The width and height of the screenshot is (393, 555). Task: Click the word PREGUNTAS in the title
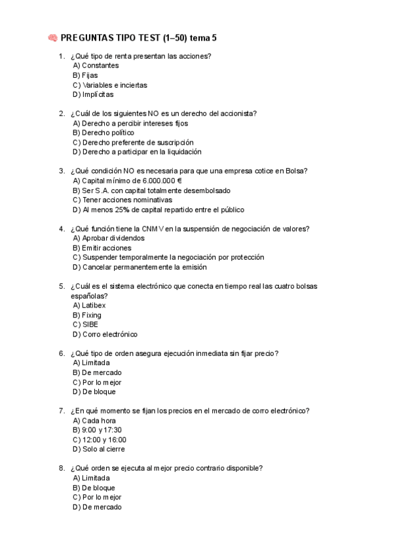pos(86,39)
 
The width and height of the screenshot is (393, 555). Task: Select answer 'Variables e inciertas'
pos(110,85)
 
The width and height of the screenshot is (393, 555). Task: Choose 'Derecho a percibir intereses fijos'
pos(130,123)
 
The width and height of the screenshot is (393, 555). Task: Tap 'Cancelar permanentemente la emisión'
pos(140,267)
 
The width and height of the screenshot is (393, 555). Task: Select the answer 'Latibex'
pos(89,305)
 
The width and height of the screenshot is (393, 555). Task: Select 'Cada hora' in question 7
pos(94,420)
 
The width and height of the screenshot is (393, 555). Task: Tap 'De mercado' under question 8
pos(97,507)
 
